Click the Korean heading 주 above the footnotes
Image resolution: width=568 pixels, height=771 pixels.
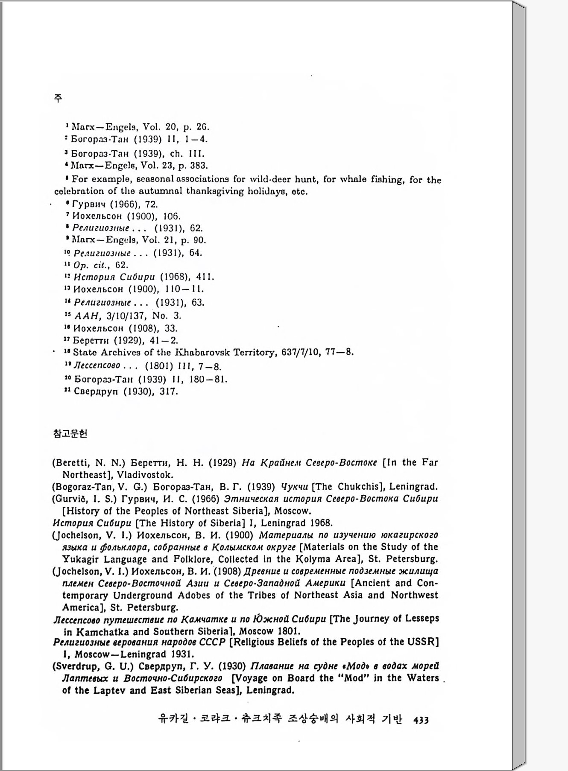(x=58, y=98)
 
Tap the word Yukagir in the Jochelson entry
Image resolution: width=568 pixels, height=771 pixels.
(x=81, y=559)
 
